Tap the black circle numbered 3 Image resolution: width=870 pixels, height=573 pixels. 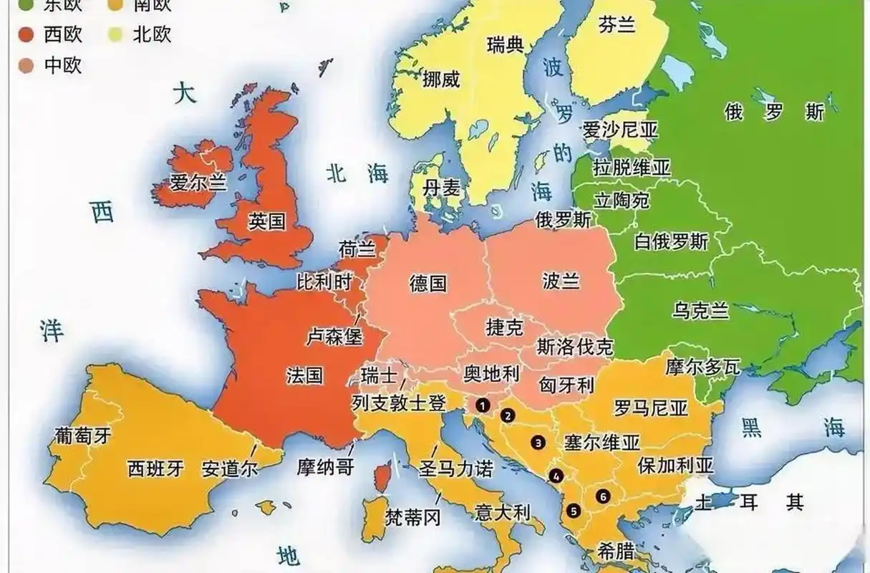538,443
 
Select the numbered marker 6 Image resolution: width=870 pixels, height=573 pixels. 603,495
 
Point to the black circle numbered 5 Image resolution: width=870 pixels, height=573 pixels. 573,511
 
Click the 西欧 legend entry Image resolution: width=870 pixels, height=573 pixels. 54,34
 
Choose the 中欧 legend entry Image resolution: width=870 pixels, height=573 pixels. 54,65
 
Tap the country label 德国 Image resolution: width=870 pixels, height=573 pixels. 428,283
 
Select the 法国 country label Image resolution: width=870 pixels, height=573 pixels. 305,375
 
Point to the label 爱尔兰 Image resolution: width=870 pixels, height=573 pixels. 198,183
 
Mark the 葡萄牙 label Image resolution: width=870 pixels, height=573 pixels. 83,435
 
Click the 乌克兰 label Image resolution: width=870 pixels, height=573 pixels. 700,310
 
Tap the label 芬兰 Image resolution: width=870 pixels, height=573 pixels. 617,25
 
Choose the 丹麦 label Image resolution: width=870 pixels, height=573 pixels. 441,188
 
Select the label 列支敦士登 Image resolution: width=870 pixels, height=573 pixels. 399,403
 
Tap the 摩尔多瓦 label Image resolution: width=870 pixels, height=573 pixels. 702,367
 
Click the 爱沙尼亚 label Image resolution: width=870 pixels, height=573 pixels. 619,130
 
